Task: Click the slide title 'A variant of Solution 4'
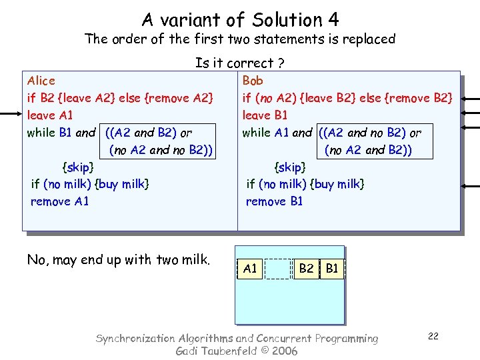[x=240, y=20]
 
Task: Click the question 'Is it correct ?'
[x=240, y=63]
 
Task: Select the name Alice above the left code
[x=41, y=81]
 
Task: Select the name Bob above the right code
[x=253, y=81]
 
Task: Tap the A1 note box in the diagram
[x=250, y=269]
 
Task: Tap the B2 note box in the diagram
[x=307, y=269]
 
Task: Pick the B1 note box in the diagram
[x=331, y=269]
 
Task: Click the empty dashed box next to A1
[x=278, y=269]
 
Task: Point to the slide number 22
[x=433, y=336]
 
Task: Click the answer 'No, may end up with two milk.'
[x=118, y=260]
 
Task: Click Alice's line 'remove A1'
[x=59, y=201]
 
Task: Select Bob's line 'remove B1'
[x=274, y=201]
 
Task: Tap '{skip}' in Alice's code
[x=77, y=167]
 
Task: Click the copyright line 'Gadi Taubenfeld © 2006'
[x=236, y=351]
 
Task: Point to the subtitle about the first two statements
[x=240, y=39]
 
